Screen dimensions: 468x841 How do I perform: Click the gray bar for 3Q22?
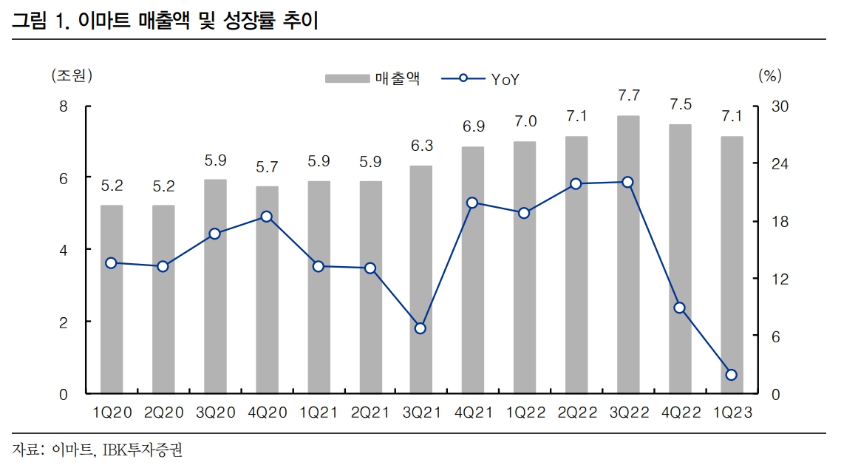click(x=628, y=254)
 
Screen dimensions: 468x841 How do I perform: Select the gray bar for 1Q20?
click(x=112, y=299)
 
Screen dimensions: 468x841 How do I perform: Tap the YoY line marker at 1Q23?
click(x=732, y=375)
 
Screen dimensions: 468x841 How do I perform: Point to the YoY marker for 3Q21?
click(x=421, y=328)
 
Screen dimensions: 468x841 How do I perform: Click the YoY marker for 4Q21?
click(x=472, y=203)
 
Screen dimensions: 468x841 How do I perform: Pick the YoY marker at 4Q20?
click(x=266, y=217)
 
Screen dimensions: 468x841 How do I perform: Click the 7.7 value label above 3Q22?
click(x=628, y=95)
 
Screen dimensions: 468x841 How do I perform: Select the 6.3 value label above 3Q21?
click(x=421, y=146)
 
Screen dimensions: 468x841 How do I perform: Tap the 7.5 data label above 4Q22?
click(x=680, y=104)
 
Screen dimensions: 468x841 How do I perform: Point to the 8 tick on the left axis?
click(x=64, y=106)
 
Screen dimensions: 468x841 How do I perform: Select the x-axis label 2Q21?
click(x=370, y=413)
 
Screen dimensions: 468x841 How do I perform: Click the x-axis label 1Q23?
click(x=732, y=413)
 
